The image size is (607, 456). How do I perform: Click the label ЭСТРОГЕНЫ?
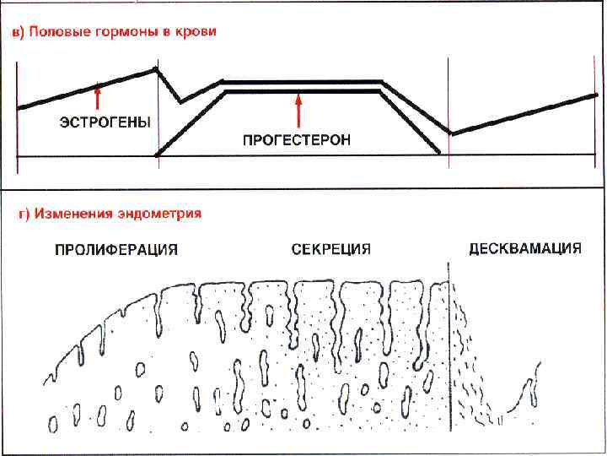[105, 122]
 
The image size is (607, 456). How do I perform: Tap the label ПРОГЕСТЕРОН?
[296, 140]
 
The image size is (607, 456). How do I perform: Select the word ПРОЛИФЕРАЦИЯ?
[115, 250]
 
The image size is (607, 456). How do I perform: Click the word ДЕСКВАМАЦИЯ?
[524, 249]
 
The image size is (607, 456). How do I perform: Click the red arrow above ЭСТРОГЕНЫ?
[98, 93]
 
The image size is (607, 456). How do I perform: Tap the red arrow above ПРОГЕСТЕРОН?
[298, 109]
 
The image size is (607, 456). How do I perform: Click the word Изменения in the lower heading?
[73, 214]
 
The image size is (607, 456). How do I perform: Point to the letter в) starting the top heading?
[18, 33]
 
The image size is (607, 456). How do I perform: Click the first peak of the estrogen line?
[156, 68]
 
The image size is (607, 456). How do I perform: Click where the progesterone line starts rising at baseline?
[158, 155]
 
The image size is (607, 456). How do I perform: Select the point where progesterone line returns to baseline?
[439, 153]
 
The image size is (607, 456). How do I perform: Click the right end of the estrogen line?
[595, 95]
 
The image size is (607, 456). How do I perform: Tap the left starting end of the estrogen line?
[19, 107]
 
